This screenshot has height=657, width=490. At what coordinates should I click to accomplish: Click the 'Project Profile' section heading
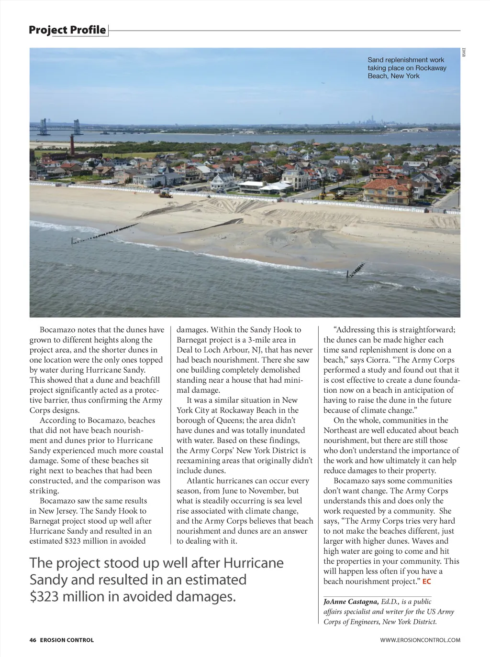67,30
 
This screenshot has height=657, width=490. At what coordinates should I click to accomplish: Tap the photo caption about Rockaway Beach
407,68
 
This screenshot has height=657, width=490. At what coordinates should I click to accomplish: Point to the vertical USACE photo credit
464,53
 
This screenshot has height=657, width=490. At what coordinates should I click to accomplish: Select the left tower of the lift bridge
44,127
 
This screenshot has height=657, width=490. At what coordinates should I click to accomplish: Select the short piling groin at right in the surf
356,270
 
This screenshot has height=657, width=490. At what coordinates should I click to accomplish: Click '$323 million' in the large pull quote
60,596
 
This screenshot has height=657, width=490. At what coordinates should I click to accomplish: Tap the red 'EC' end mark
427,582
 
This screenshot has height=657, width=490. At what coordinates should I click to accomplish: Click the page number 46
33,640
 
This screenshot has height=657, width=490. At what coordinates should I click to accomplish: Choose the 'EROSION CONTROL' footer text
67,640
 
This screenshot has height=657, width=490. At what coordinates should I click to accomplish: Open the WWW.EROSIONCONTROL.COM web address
420,640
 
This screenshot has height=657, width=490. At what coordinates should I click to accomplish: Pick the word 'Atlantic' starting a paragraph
201,481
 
